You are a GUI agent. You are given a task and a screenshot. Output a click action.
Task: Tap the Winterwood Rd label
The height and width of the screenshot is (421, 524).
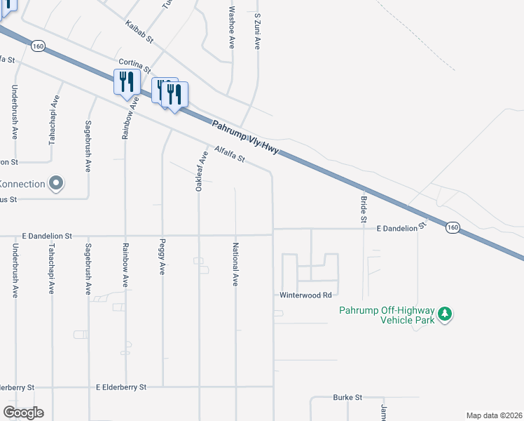[305, 295]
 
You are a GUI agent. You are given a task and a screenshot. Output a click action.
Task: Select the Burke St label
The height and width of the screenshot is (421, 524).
[347, 397]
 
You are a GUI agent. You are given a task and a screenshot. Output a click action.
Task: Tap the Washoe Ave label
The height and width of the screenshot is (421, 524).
[231, 27]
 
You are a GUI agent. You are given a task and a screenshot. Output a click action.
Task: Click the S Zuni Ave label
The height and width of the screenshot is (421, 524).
[258, 30]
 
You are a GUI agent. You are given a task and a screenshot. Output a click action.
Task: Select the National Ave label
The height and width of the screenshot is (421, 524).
[236, 265]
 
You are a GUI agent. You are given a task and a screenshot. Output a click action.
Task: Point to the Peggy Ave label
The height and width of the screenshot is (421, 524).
[163, 260]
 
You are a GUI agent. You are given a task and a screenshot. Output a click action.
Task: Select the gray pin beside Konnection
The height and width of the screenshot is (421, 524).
[57, 184]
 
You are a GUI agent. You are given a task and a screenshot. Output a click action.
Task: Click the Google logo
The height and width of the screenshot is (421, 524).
[23, 413]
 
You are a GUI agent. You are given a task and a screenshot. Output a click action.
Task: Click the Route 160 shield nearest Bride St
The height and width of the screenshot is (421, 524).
[453, 227]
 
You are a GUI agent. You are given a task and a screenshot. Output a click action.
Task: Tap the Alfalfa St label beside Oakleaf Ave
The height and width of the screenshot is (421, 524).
[230, 154]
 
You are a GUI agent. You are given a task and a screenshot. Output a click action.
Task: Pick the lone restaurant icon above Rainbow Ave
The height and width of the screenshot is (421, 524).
[125, 81]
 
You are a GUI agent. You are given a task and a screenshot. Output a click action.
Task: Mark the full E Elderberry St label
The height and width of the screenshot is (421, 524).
[121, 387]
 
